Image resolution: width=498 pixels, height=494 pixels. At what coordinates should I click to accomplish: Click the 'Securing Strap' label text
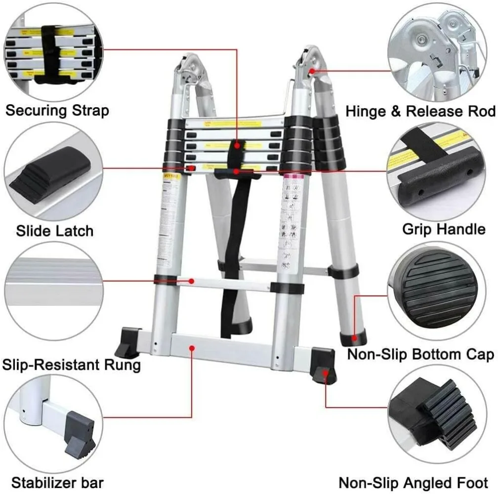(x=57, y=110)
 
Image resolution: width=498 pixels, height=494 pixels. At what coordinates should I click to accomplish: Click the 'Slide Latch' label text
(x=54, y=230)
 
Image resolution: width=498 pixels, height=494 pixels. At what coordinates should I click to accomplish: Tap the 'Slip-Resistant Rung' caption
(x=72, y=365)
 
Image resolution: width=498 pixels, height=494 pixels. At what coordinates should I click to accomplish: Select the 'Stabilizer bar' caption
(x=57, y=482)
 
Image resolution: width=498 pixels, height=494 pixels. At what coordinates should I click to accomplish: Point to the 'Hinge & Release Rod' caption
(x=420, y=111)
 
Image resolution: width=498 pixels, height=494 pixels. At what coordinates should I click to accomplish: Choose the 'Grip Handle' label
(x=444, y=229)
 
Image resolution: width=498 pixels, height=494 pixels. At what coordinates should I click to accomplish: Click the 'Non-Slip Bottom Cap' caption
(x=420, y=354)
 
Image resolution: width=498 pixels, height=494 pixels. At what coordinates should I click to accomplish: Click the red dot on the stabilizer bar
(x=192, y=348)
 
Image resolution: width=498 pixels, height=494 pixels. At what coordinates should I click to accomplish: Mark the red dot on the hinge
(x=312, y=72)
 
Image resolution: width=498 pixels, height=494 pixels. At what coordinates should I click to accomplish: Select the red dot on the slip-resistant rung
(x=192, y=281)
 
